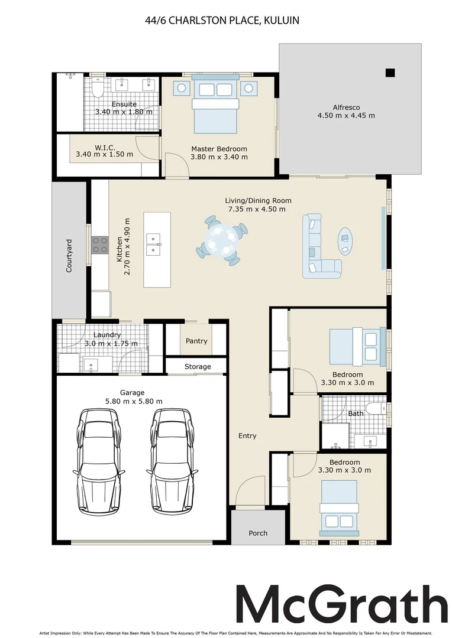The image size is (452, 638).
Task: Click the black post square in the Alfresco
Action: [x=389, y=73]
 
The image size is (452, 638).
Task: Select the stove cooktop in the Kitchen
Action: [x=100, y=245]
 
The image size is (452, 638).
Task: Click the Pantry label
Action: [x=196, y=341]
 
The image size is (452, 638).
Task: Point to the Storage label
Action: [x=197, y=366]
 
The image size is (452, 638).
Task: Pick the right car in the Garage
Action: [x=173, y=461]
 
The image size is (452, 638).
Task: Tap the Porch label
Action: [x=257, y=533]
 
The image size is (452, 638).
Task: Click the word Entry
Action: [x=247, y=436]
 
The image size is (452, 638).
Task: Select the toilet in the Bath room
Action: [x=375, y=408]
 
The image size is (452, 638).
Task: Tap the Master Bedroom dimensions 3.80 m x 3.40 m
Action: [x=219, y=157]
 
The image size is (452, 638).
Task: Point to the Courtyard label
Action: [x=69, y=256]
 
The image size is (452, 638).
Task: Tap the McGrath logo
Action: [x=341, y=604]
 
